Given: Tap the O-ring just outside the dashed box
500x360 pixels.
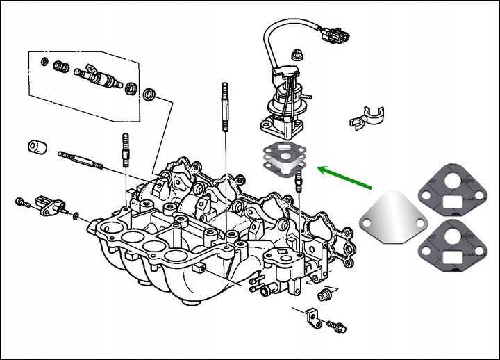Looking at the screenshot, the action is click(150, 94).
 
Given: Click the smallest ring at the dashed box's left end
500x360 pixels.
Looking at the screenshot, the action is click(45, 63).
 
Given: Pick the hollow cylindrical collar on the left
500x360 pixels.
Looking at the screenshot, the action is click(36, 148).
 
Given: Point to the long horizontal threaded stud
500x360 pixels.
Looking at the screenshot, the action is click(81, 160).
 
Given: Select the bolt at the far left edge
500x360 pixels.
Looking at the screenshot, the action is click(22, 203).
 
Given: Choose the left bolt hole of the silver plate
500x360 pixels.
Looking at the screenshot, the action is click(366, 223).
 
